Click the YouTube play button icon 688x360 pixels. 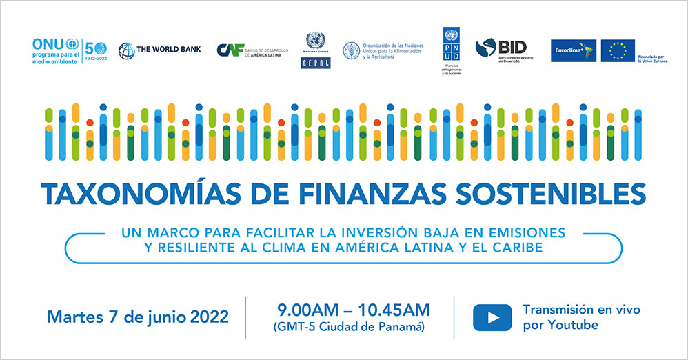tap(492, 318)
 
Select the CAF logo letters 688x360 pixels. tap(229, 50)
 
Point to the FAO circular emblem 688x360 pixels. tap(351, 50)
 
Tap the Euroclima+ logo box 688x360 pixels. tap(574, 50)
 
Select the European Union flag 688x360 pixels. tap(617, 50)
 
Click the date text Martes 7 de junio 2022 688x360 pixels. tap(138, 318)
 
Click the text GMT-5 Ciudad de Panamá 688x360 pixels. tap(349, 326)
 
